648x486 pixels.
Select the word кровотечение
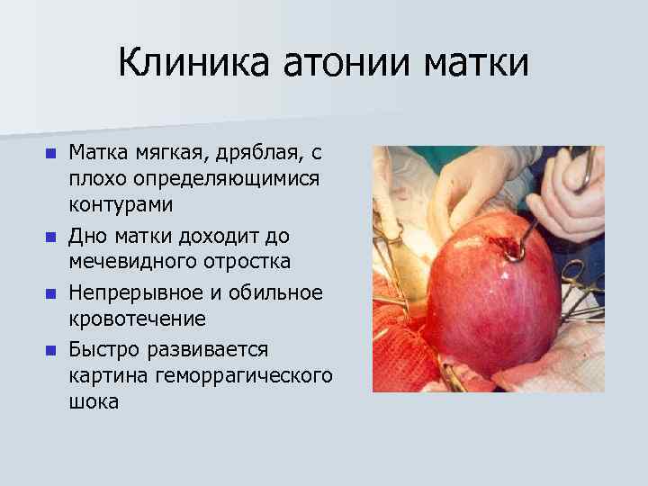(x=138, y=319)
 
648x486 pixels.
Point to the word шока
(x=94, y=401)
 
